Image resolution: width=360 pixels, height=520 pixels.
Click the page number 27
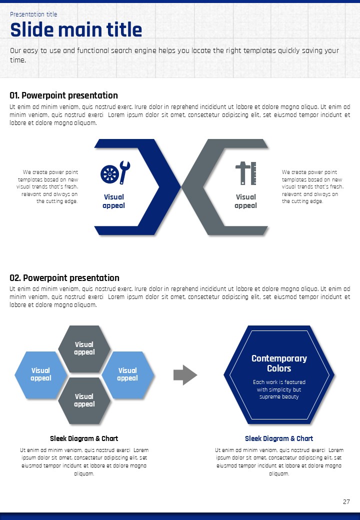[x=346, y=501]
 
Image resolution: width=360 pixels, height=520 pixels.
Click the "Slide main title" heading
[x=76, y=30]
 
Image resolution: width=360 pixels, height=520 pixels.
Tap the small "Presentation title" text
[x=33, y=14]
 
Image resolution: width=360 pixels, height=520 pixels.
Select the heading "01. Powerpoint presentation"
[x=64, y=95]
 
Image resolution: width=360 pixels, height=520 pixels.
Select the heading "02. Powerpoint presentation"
[x=64, y=278]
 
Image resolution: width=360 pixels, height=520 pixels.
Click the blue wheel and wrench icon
[x=115, y=173]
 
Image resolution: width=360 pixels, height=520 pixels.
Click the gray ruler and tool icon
[x=246, y=173]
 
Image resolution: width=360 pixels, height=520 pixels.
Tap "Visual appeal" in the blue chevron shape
[x=113, y=201]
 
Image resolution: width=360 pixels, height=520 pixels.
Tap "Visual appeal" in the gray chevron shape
[x=245, y=201]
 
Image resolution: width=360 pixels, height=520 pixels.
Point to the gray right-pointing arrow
[x=185, y=375]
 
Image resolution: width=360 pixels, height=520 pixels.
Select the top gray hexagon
[x=84, y=348]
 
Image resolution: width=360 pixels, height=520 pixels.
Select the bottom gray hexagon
[x=84, y=400]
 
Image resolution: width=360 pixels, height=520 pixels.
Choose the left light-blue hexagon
[x=40, y=374]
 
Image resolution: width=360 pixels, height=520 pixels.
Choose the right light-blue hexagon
[x=127, y=374]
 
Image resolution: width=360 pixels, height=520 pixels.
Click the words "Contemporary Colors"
[x=279, y=363]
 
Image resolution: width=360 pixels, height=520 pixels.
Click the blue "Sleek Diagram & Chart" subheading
[x=279, y=438]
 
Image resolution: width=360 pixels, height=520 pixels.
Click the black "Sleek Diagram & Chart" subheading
[x=84, y=438]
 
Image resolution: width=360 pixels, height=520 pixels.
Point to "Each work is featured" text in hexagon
[x=279, y=382]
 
